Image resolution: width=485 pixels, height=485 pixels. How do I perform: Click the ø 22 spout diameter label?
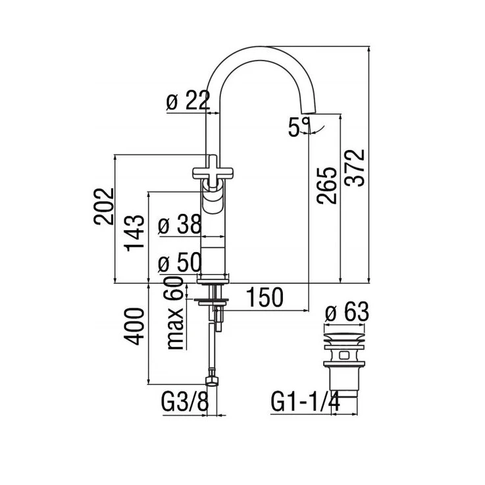pyautogui.click(x=188, y=101)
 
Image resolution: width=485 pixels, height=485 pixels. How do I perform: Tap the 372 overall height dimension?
pyautogui.click(x=355, y=168)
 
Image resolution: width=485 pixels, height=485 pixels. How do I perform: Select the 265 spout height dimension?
pyautogui.click(x=326, y=186)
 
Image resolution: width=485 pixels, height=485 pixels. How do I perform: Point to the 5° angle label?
pyautogui.click(x=299, y=127)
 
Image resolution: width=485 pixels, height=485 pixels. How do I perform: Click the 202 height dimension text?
pyautogui.click(x=103, y=206)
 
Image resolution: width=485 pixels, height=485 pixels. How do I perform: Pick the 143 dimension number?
pyautogui.click(x=134, y=233)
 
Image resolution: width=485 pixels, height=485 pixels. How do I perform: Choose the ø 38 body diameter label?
pyautogui.click(x=180, y=224)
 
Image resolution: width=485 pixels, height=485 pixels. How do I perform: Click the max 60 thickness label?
pyautogui.click(x=175, y=313)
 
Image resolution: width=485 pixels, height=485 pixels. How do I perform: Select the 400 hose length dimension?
pyautogui.click(x=134, y=326)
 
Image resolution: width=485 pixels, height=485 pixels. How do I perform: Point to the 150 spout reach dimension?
pyautogui.click(x=265, y=297)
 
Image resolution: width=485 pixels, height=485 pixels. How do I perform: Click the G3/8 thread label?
pyautogui.click(x=185, y=402)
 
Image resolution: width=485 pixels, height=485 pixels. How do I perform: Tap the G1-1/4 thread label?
pyautogui.click(x=305, y=402)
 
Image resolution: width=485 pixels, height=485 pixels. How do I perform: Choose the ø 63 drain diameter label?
pyautogui.click(x=347, y=312)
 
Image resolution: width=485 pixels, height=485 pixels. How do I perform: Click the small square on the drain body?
pyautogui.click(x=344, y=355)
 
